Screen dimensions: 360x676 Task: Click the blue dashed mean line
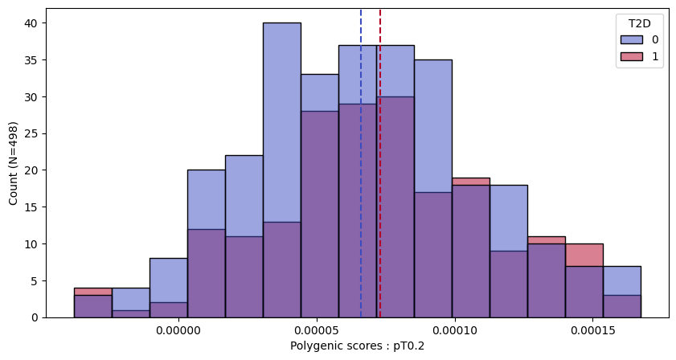361,161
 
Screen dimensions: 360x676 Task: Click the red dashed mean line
380,161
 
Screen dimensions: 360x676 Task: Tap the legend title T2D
640,22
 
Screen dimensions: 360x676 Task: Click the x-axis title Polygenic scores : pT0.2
357,346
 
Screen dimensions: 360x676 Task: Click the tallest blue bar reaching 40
281,121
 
